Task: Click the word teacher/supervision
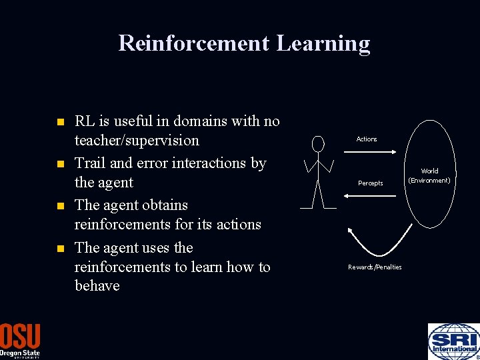(137, 141)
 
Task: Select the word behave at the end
(97, 286)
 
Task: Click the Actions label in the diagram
(367, 139)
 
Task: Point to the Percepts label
(371, 183)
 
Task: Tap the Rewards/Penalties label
(375, 267)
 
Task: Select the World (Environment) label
(429, 176)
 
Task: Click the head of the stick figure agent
(318, 143)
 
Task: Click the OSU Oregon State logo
(20, 341)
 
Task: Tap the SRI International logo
(453, 341)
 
